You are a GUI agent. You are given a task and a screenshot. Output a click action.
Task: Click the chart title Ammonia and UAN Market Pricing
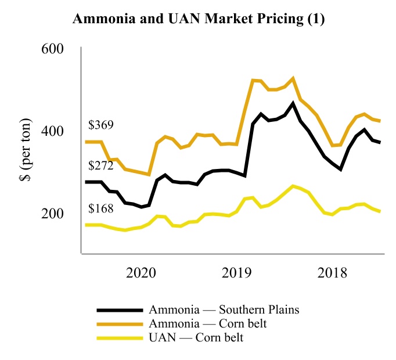coord(197,19)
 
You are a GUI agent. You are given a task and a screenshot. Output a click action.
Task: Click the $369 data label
coord(101,125)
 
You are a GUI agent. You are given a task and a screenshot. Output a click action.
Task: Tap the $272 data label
coord(101,165)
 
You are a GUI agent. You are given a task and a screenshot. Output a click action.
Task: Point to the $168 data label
coord(101,208)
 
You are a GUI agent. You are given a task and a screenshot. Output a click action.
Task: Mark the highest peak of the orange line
coord(293,78)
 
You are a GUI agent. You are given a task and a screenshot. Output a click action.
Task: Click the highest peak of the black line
coord(293,103)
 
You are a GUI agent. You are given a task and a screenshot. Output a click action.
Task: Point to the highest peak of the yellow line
coord(293,186)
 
